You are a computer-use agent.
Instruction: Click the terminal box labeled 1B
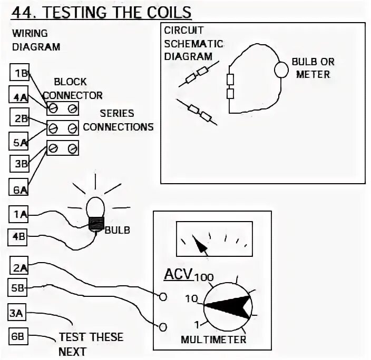coord(21,73)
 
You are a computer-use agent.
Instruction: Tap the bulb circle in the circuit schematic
coord(282,68)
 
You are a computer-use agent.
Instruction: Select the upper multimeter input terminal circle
coord(163,297)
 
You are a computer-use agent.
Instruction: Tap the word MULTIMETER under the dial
coord(213,339)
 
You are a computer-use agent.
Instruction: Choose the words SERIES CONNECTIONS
coord(118,120)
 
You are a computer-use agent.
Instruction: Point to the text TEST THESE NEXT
coord(90,344)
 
